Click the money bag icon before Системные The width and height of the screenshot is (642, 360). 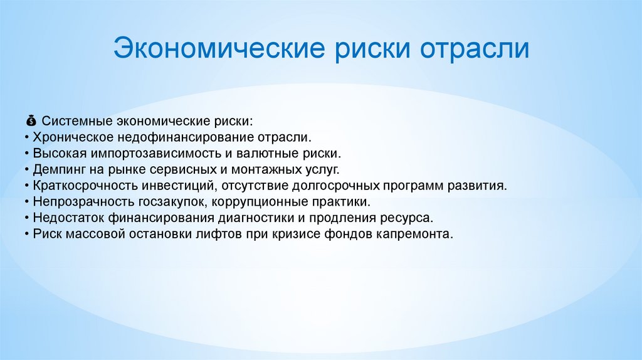coord(31,120)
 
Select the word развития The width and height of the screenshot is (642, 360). coord(480,186)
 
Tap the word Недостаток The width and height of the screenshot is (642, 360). coord(63,219)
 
